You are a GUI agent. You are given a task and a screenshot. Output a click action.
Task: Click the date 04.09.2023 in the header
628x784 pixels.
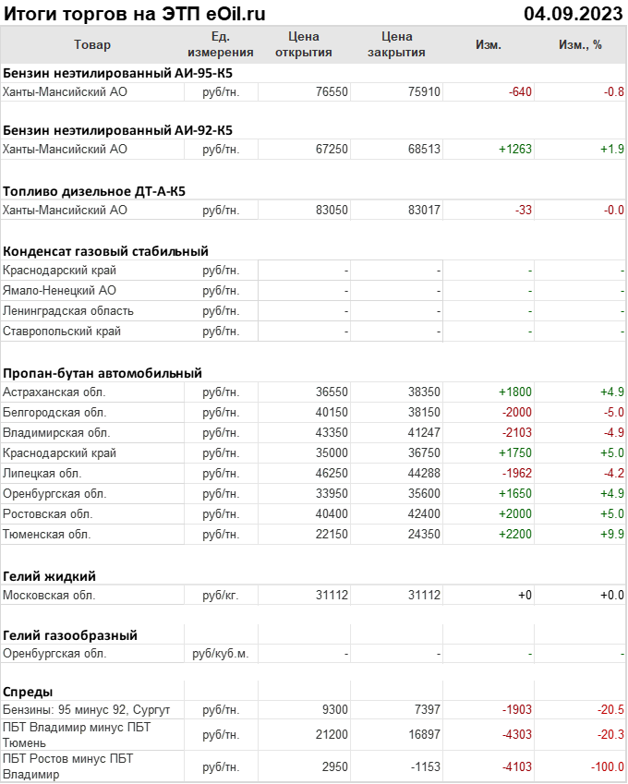(x=572, y=13)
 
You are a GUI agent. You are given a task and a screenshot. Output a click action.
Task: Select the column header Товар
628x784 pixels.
(x=91, y=44)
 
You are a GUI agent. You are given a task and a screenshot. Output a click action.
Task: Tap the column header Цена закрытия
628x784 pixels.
(x=396, y=44)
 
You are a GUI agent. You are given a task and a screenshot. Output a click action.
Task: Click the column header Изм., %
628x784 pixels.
(x=580, y=44)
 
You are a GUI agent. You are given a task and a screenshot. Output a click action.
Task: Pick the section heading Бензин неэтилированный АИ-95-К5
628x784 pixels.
(x=117, y=71)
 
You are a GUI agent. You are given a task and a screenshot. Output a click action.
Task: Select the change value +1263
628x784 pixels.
(x=515, y=149)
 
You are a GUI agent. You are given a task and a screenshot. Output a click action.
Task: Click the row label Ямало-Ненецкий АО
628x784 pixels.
(x=59, y=291)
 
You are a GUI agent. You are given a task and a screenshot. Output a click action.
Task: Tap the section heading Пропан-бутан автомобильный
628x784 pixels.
(x=102, y=373)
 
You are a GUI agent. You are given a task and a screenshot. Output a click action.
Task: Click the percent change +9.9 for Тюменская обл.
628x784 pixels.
(x=611, y=535)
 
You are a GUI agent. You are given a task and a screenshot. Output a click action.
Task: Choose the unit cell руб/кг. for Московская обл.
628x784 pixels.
(x=221, y=596)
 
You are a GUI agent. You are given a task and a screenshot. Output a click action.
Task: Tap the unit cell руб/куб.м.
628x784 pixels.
(x=221, y=653)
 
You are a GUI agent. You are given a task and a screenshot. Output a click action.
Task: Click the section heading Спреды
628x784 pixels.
(x=28, y=691)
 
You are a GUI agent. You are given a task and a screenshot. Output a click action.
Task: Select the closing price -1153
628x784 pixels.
(x=423, y=766)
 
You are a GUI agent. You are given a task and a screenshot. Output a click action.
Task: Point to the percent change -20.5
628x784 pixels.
(x=609, y=710)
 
